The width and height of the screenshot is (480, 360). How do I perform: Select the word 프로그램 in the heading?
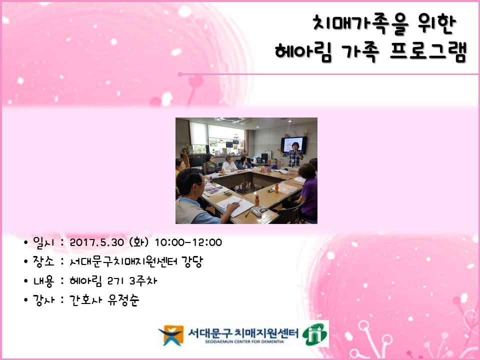click(428, 51)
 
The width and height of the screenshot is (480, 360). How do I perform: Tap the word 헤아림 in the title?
click(303, 52)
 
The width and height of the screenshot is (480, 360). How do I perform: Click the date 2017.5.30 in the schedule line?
click(96, 242)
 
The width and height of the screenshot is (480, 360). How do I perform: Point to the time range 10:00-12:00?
click(188, 242)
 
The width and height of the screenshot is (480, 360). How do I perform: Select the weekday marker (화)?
click(139, 242)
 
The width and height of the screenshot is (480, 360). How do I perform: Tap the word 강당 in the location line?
click(192, 261)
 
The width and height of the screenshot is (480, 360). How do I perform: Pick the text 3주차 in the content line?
click(143, 280)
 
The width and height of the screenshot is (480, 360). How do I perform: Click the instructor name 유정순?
click(123, 300)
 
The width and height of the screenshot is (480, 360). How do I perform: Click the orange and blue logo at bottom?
click(171, 335)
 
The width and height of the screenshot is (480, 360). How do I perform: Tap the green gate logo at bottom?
click(314, 334)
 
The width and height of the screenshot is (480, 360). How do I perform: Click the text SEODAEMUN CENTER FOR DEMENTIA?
click(244, 341)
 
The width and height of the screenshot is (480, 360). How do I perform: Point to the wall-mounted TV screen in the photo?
click(294, 145)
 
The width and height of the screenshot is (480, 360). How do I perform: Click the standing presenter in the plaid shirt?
click(293, 155)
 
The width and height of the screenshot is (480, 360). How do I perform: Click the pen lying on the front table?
click(247, 213)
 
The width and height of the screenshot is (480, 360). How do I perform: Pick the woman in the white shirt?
click(229, 163)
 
